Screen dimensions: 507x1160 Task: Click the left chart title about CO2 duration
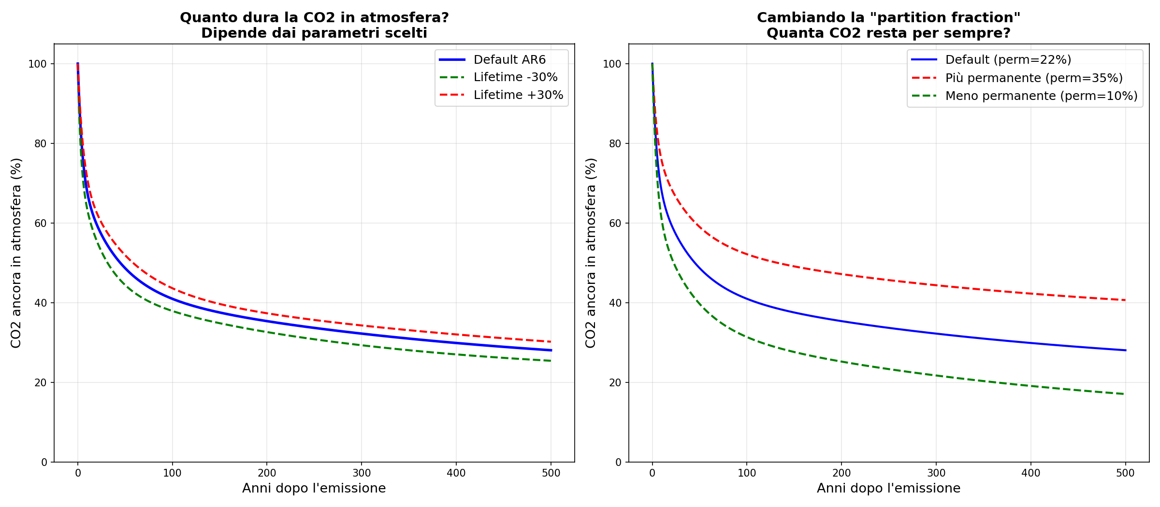point(314,25)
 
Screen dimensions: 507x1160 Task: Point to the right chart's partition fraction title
point(888,25)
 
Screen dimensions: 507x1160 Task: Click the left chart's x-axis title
point(314,488)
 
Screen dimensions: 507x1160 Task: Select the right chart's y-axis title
point(591,253)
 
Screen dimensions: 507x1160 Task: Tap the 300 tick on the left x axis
point(362,473)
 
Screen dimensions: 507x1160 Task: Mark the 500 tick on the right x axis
point(1125,473)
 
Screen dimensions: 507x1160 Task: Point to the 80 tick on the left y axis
point(41,143)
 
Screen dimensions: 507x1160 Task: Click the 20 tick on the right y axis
point(615,382)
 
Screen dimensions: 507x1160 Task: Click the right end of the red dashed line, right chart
point(1125,300)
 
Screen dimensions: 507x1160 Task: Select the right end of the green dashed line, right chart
point(1125,394)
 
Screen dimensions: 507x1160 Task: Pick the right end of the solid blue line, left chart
point(551,350)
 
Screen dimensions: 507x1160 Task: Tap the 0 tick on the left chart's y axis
point(44,462)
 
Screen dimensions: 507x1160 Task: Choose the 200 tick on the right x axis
point(841,473)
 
